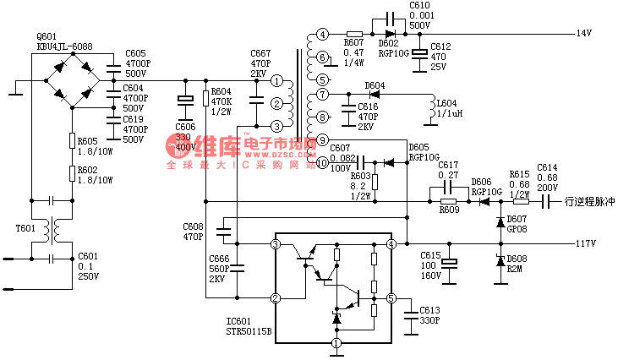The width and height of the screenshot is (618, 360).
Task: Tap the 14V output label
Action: [583, 34]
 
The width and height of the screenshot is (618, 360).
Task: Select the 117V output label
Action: [587, 244]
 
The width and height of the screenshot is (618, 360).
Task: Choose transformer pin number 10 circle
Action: [322, 162]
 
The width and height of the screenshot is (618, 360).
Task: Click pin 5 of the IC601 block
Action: [391, 298]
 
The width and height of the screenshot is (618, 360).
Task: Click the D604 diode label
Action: [374, 85]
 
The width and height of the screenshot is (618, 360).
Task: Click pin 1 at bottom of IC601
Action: [336, 343]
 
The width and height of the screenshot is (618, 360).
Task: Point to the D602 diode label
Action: [389, 43]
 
